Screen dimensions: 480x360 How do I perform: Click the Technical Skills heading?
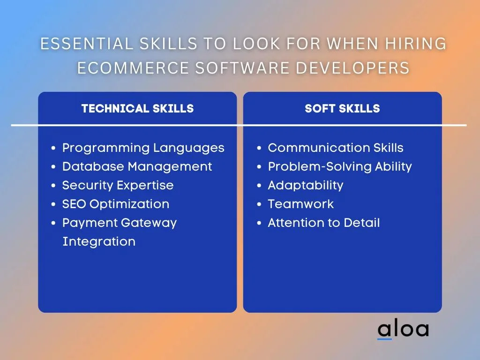(x=137, y=109)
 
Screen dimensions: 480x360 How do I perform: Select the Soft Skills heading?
(x=342, y=109)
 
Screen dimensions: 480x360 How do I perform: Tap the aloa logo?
(x=403, y=330)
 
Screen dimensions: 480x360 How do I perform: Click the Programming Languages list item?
(x=143, y=148)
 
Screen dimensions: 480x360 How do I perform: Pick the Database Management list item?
(x=137, y=167)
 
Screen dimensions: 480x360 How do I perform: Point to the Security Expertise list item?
(x=118, y=185)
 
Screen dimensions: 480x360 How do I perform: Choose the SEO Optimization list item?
(x=116, y=204)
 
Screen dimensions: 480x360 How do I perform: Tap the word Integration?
(x=99, y=242)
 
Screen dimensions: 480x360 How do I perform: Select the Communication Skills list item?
(x=336, y=148)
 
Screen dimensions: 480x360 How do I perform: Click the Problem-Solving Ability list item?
(x=340, y=167)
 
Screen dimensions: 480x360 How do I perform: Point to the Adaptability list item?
(x=306, y=186)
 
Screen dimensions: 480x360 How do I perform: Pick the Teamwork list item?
(x=300, y=204)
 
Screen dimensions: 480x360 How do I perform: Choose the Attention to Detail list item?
(x=323, y=223)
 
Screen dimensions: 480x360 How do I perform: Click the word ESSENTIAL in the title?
(x=87, y=44)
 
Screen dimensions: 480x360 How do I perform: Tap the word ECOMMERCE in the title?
(x=133, y=68)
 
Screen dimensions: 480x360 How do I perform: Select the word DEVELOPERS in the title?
(x=352, y=68)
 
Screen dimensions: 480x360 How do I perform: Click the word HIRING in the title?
(x=416, y=44)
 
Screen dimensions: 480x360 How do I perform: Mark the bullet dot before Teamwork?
(x=259, y=204)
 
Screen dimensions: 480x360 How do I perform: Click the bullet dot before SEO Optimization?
(x=53, y=204)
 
